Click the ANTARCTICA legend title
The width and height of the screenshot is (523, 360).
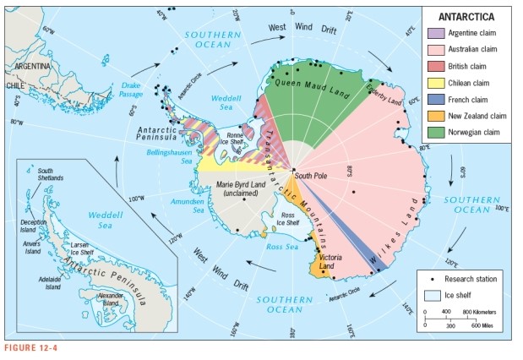coord(470,16)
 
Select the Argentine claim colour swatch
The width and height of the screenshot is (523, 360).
coord(436,32)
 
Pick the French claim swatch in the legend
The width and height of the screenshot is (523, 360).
coord(436,101)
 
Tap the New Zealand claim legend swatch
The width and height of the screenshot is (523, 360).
coord(436,116)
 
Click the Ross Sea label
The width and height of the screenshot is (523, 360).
coord(281,246)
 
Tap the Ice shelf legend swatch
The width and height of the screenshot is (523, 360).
coord(432,295)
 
